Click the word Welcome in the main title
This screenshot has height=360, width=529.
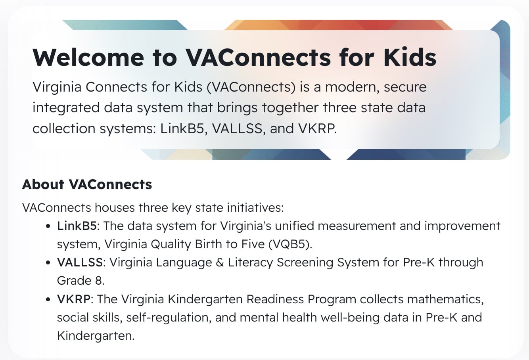88,57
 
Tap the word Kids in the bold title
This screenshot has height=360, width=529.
410,57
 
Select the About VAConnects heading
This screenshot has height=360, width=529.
87,184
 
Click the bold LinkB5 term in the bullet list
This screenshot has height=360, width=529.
77,226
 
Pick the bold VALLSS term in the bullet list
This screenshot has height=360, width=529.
80,262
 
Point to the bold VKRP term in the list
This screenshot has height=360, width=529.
74,299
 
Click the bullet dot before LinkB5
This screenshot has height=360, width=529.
48,226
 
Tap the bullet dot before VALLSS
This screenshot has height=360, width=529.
48,263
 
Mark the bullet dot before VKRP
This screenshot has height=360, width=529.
48,300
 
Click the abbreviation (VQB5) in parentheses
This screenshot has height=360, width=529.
290,244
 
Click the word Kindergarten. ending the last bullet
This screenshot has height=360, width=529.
96,336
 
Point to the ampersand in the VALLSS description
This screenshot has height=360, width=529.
220,262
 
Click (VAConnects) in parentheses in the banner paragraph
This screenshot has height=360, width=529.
251,87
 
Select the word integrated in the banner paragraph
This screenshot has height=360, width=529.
66,108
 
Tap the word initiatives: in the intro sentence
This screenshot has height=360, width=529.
255,208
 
